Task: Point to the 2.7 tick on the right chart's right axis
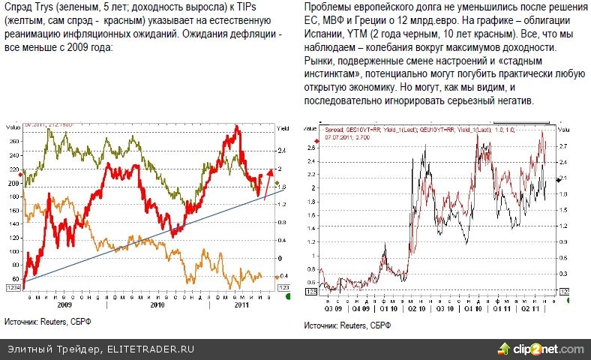click(x=563, y=145)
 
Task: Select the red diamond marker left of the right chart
click(x=313, y=140)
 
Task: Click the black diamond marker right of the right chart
click(x=558, y=179)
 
